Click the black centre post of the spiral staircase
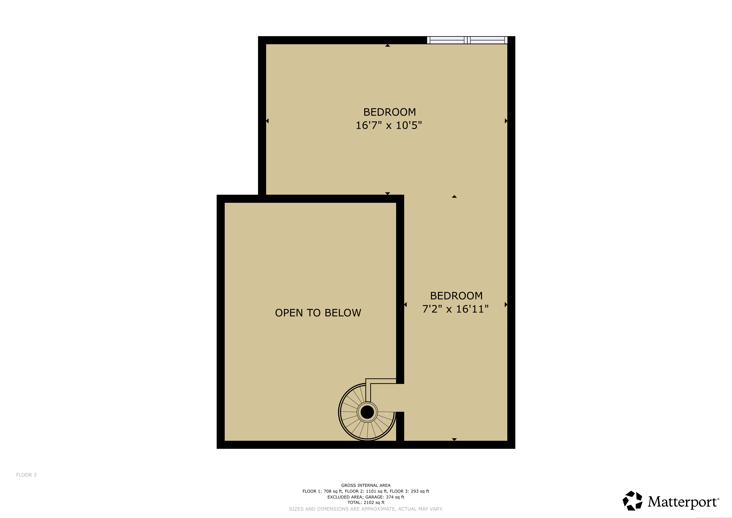(367, 412)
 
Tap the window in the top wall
(467, 40)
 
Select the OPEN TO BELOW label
(318, 313)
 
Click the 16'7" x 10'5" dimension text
(389, 125)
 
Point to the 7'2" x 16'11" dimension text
(455, 309)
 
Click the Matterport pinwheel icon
(632, 501)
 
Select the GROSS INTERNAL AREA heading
(366, 485)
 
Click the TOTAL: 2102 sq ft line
(366, 502)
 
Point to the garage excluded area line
(366, 497)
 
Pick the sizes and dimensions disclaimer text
(366, 509)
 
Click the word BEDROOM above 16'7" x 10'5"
(390, 112)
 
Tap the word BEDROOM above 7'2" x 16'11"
(456, 296)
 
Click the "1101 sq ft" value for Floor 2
(375, 491)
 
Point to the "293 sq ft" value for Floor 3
(420, 491)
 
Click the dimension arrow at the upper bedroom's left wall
(267, 121)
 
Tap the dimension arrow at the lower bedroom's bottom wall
(454, 439)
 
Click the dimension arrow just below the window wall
(387, 46)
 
